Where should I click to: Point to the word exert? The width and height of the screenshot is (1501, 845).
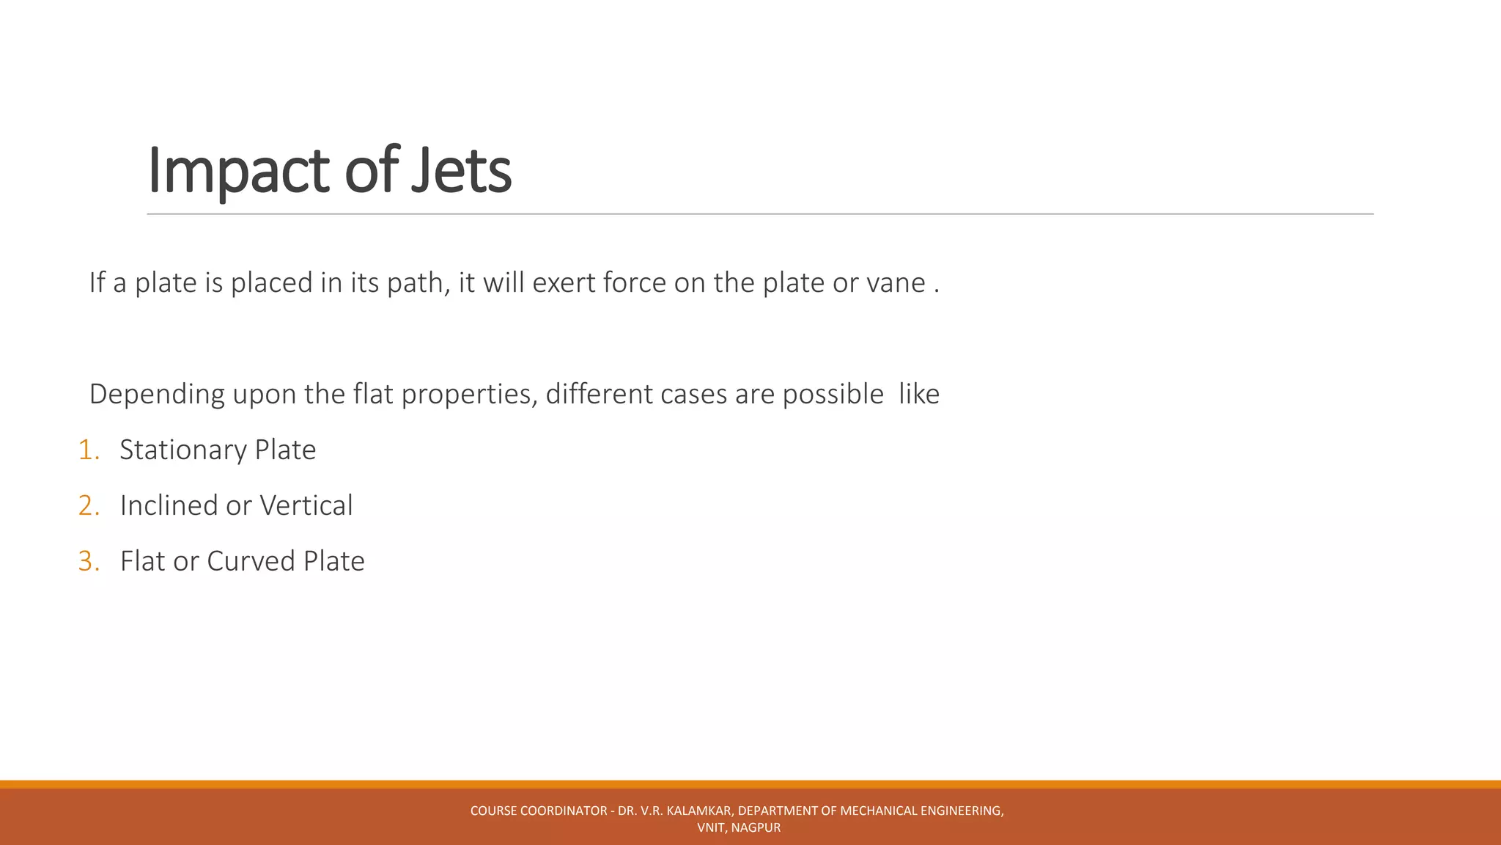tap(564, 283)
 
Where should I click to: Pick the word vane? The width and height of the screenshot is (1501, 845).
tap(896, 283)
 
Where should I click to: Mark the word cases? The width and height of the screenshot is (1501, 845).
tap(693, 395)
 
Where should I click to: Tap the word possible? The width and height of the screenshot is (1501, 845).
tap(833, 395)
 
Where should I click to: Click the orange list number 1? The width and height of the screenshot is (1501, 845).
tap(88, 450)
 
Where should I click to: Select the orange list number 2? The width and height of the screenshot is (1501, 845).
tap(88, 505)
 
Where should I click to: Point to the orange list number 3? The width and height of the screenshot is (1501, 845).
tap(88, 561)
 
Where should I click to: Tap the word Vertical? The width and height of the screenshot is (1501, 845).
tap(306, 505)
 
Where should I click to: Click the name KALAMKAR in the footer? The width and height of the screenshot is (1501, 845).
tap(699, 811)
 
